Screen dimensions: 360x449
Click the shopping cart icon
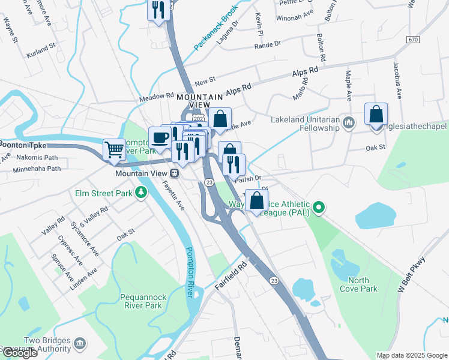[x=114, y=149]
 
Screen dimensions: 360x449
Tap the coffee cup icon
[x=160, y=137]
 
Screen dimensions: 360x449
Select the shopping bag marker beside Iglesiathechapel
[x=376, y=114]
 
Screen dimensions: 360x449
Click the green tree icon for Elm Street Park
[x=141, y=192]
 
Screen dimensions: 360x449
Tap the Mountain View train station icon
[x=175, y=173]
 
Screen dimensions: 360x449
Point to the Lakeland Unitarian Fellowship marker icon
[x=348, y=123]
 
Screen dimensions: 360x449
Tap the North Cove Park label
[x=363, y=284]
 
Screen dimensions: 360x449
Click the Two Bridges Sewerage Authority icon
[x=80, y=343]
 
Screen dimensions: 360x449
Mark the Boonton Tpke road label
[x=22, y=144]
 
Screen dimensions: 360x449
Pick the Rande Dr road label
[x=268, y=45]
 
